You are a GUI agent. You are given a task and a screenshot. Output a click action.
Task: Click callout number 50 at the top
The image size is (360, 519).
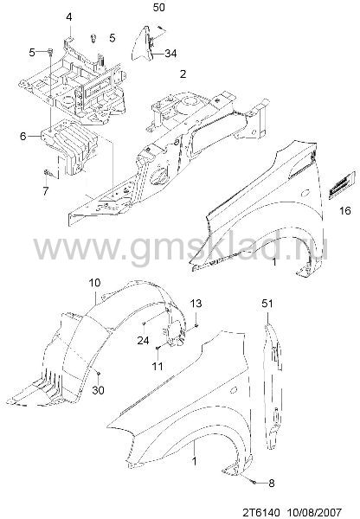click(158, 7)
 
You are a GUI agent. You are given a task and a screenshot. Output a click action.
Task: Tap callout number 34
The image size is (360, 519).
click(170, 53)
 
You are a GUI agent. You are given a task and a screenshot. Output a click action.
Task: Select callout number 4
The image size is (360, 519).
click(69, 16)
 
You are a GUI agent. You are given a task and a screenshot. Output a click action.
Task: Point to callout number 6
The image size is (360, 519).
click(22, 136)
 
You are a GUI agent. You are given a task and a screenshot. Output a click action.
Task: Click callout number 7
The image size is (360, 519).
click(45, 190)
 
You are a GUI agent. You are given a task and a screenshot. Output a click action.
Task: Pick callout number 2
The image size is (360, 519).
click(183, 74)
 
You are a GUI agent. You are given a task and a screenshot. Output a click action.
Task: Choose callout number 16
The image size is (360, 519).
click(345, 210)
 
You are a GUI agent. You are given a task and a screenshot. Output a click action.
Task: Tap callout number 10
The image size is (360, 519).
click(94, 283)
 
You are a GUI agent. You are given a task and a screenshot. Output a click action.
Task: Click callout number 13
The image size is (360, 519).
click(196, 304)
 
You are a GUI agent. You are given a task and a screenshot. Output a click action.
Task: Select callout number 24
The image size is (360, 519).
click(143, 340)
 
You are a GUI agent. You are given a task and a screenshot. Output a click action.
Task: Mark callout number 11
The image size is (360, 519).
click(157, 366)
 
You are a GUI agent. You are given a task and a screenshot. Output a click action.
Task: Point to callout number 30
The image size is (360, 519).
click(98, 390)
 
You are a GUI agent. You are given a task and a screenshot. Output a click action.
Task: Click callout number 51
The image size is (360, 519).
click(267, 304)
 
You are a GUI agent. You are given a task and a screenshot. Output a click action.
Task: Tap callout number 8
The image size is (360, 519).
click(271, 483)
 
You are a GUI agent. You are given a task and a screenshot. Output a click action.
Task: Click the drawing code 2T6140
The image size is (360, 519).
click(261, 512)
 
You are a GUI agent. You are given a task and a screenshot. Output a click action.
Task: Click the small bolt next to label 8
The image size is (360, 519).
click(254, 483)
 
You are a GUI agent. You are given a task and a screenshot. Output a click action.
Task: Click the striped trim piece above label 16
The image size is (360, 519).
click(338, 187)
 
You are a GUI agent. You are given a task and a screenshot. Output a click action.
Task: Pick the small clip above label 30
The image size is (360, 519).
click(98, 374)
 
